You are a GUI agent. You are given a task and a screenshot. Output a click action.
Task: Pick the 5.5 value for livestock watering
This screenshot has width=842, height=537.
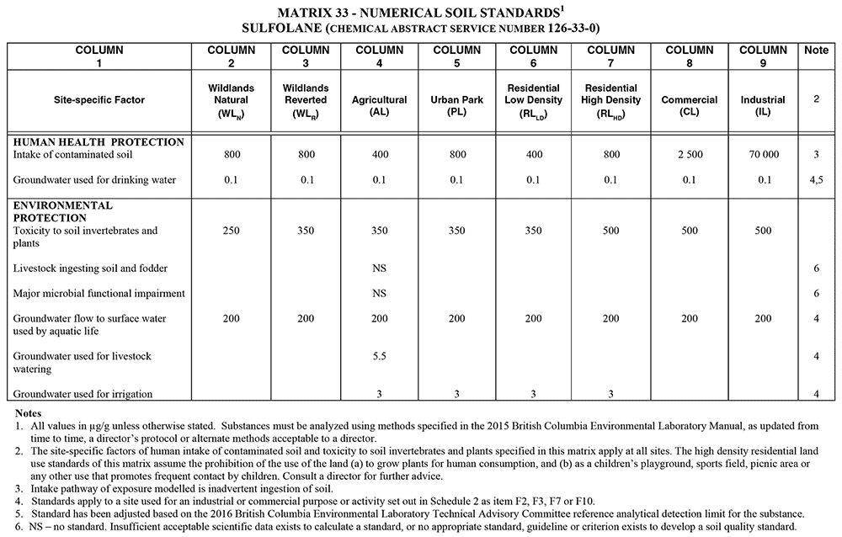click(x=380, y=357)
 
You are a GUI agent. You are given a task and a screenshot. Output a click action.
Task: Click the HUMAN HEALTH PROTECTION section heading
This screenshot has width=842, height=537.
click(x=88, y=141)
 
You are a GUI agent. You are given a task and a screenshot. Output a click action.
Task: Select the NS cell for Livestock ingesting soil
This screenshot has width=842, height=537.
click(x=380, y=268)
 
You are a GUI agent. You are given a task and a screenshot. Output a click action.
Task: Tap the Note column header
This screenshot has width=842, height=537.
click(x=816, y=51)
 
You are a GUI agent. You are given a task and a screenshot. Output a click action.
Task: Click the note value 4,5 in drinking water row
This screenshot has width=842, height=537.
click(x=816, y=180)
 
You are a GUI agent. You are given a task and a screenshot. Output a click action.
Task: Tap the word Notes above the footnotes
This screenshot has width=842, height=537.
click(x=31, y=413)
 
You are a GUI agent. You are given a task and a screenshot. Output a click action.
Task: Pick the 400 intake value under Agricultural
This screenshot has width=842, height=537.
click(x=380, y=155)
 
